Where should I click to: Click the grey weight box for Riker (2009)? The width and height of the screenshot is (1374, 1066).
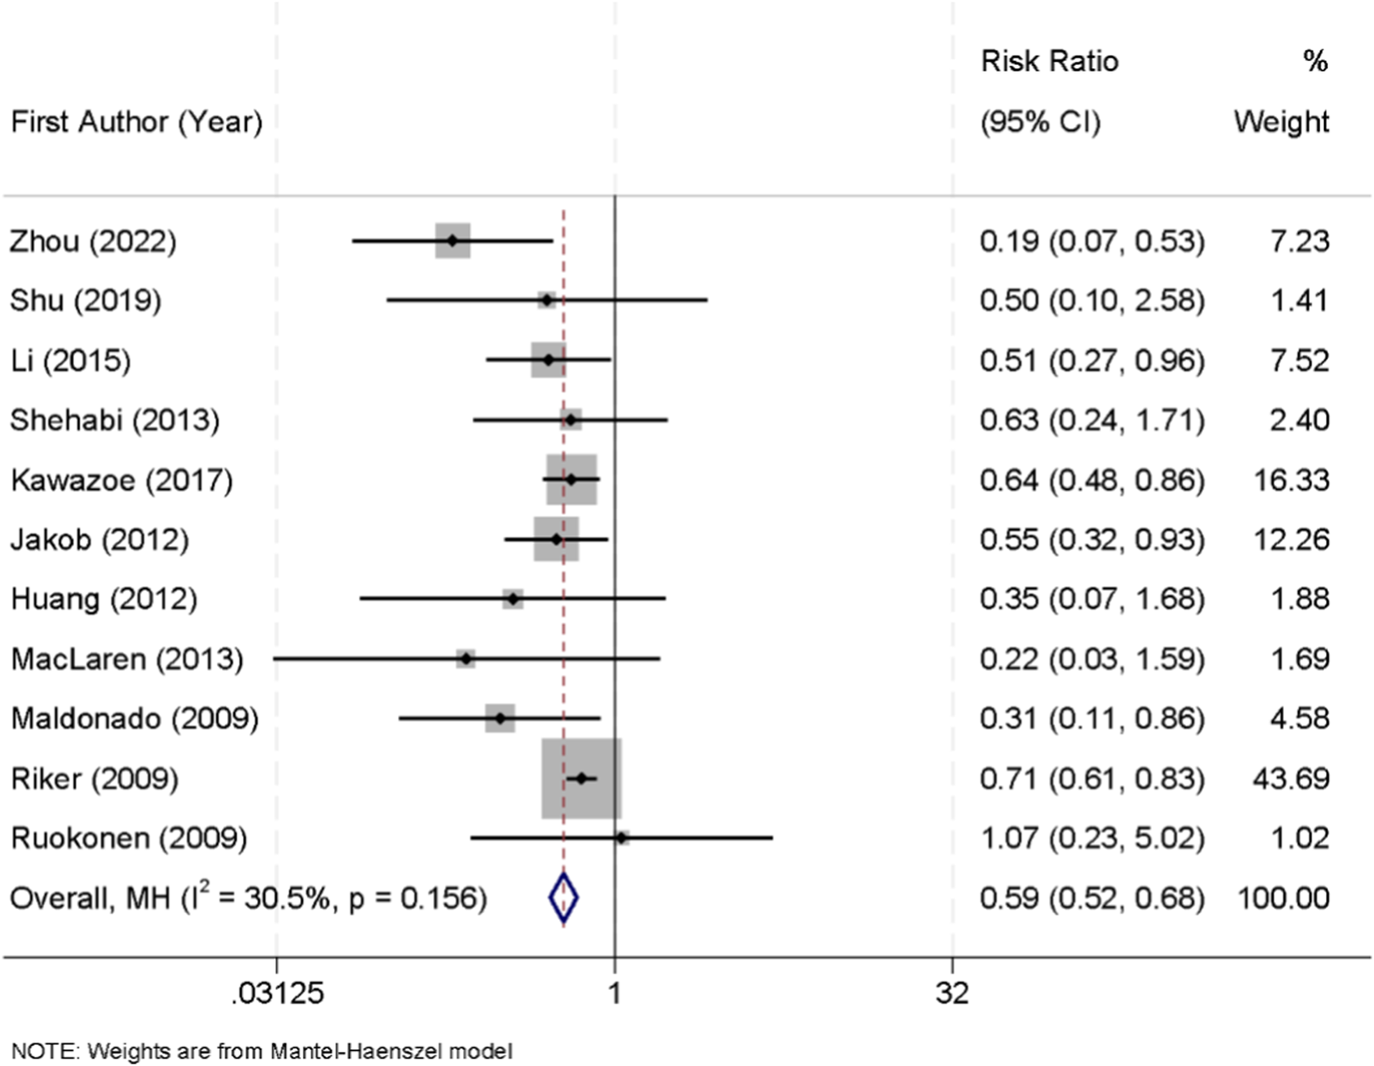pos(581,778)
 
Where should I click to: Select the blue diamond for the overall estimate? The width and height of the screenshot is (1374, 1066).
pos(563,898)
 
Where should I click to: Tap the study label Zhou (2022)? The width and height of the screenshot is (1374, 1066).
pos(93,241)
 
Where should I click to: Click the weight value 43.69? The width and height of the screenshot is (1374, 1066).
pos(1291,778)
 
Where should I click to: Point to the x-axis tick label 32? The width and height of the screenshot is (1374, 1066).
pos(952,993)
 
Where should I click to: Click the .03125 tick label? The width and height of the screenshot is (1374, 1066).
pos(277,993)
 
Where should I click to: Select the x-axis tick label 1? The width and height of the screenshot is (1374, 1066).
pos(615,993)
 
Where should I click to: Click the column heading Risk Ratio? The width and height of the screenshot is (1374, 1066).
pos(1049,61)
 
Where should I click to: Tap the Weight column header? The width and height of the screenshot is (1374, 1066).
pos(1281,122)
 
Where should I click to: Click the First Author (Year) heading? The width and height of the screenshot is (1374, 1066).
pos(136,122)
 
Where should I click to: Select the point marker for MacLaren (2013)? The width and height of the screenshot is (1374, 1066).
pos(466,659)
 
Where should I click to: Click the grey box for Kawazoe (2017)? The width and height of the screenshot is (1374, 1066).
pos(571,479)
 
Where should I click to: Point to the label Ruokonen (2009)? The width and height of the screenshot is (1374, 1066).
pos(128,837)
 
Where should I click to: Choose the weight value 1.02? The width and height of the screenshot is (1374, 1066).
pos(1299,837)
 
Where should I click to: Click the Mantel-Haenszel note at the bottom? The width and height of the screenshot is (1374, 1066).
pos(262,1050)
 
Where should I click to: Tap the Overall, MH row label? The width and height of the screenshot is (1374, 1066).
pos(248,898)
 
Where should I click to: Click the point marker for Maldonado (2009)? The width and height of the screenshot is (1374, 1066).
pos(500,718)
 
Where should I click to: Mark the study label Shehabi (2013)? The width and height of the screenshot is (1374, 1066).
pos(114,420)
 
